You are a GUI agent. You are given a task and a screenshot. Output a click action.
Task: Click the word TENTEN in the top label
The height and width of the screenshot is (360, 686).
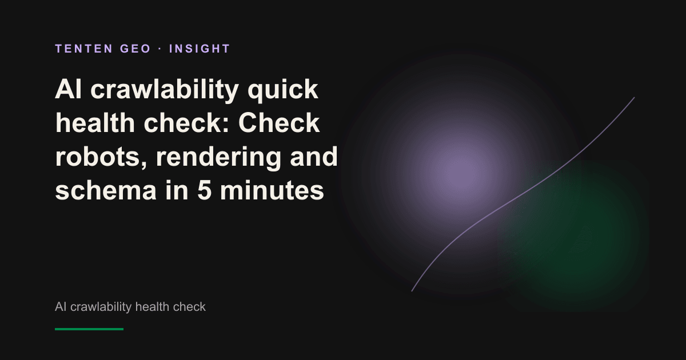coord(84,49)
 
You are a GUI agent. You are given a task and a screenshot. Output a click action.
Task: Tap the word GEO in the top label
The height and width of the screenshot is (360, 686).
coord(135,49)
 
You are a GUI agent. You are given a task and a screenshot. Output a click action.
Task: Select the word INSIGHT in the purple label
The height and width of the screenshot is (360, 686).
coord(200,49)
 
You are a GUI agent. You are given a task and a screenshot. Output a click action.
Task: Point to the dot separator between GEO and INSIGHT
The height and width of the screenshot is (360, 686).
coord(160,49)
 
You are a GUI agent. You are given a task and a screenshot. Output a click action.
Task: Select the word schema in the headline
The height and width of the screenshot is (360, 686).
coord(106,190)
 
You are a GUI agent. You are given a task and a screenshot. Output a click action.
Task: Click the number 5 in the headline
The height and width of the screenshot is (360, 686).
coord(204,190)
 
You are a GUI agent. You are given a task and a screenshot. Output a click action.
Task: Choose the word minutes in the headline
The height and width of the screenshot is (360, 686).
coord(272,190)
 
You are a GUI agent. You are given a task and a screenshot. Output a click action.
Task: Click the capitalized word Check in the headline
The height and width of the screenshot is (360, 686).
coord(279,123)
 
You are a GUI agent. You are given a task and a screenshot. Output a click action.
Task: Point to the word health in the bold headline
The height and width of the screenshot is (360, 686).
coord(95,123)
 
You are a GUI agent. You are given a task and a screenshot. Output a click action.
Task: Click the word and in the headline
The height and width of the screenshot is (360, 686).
coord(314,157)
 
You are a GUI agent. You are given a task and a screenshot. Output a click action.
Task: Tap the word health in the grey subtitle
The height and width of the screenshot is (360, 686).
coord(152,306)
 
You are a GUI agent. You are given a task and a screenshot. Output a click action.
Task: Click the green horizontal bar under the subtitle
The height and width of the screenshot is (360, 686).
coord(89,329)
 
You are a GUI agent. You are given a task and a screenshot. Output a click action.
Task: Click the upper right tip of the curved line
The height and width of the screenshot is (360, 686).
coord(634,97)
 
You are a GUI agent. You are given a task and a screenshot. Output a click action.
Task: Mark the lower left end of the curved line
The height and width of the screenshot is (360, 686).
coord(412,291)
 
